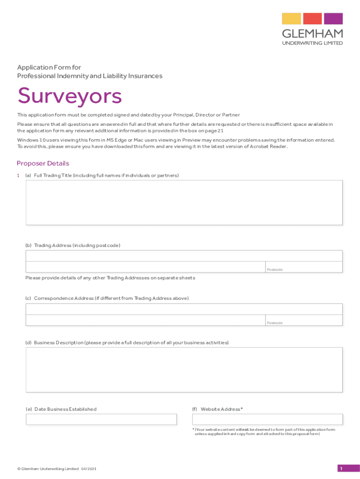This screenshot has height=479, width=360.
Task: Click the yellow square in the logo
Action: pos(291,19)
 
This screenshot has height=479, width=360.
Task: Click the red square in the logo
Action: pos(312,19)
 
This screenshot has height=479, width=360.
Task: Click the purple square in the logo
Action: pos(333,19)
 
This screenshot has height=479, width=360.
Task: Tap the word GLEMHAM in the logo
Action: pos(312,33)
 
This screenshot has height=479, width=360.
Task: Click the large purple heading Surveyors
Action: pos(70,96)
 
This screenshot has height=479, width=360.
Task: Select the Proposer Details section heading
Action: pos(43,163)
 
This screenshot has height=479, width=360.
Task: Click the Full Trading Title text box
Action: pos(184,203)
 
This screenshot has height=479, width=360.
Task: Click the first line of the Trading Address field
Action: pos(184,255)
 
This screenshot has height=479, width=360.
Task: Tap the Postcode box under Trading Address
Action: pos(304,267)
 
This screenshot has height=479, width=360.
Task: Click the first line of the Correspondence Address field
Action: pos(184,309)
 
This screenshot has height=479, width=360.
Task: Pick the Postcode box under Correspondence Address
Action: pos(304,320)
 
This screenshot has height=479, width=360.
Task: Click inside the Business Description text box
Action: pos(184,370)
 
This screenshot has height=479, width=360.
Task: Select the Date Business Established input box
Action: pos(101,419)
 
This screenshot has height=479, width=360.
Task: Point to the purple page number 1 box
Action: pos(341,469)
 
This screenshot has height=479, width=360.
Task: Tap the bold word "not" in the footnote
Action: pos(245,429)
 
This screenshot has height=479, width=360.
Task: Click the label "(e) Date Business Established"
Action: pos(61,409)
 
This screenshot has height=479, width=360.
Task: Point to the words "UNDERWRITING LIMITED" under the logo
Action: pos(312,43)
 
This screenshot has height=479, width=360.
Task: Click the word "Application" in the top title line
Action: pos(34,67)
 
